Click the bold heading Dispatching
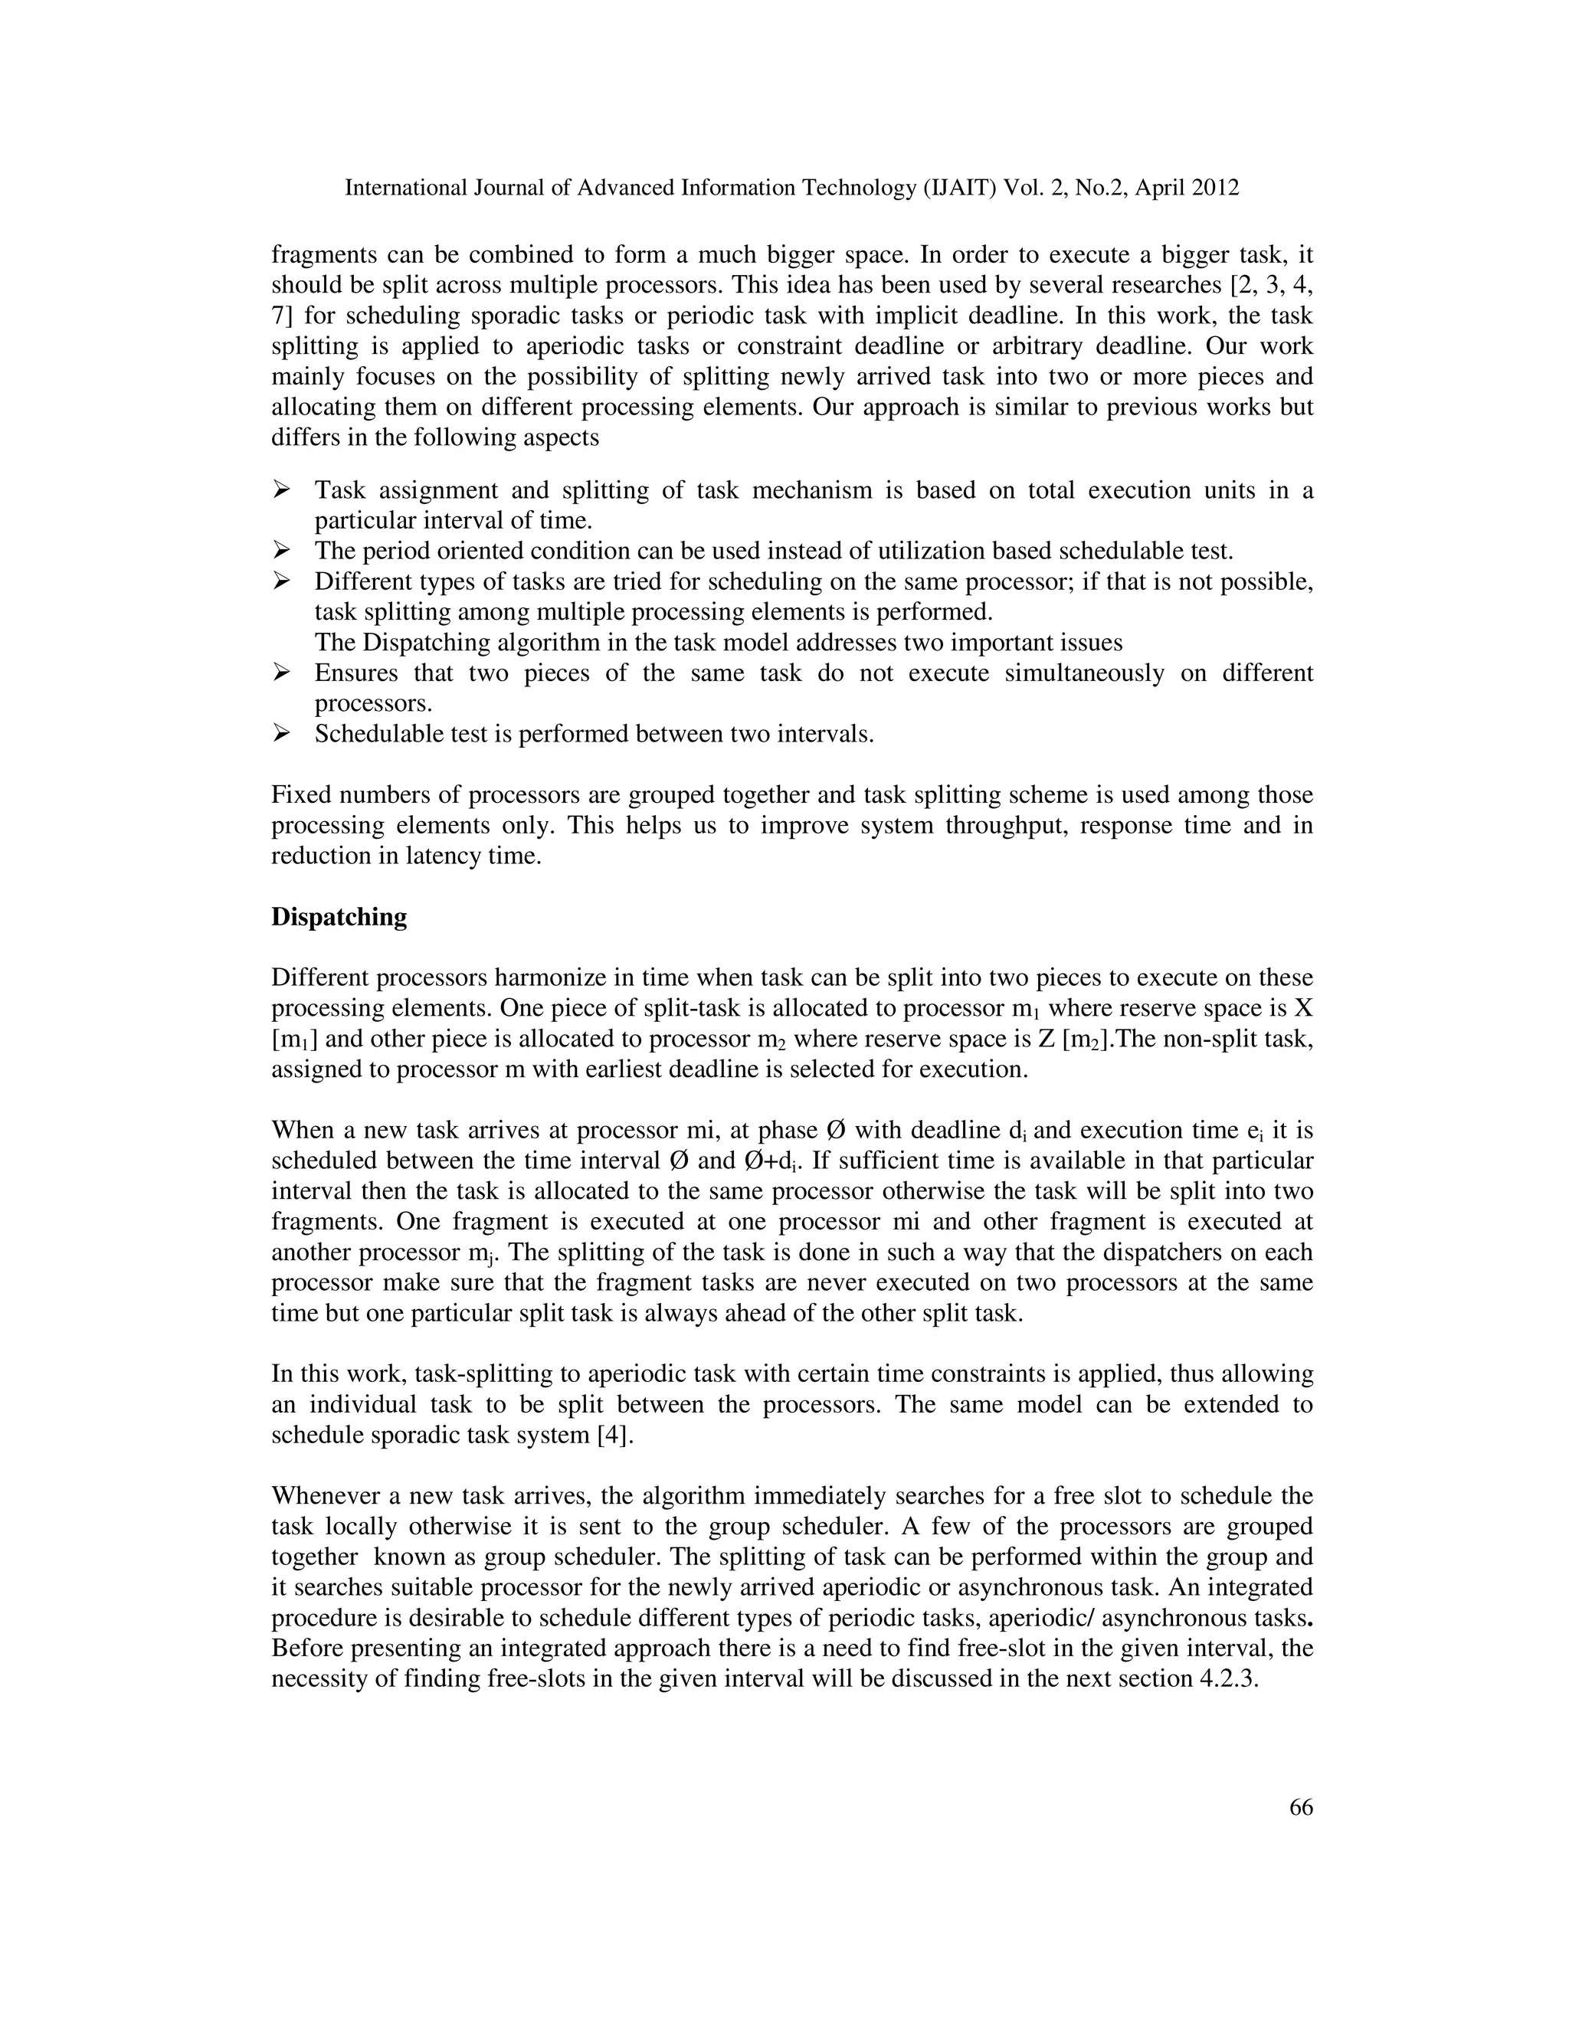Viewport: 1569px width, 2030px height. point(339,918)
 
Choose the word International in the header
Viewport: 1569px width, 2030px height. point(406,188)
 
